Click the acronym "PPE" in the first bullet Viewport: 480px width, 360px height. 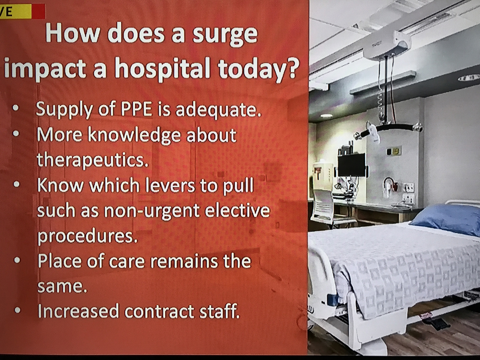pos(136,109)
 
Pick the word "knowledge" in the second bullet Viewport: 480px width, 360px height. pos(134,135)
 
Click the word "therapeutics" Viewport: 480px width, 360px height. pos(92,160)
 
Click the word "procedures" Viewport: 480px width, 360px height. pos(88,236)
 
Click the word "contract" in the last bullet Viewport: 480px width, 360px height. pos(160,311)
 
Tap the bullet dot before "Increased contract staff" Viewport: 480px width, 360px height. pos(18,310)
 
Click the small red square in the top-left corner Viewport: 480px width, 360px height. pos(38,11)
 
